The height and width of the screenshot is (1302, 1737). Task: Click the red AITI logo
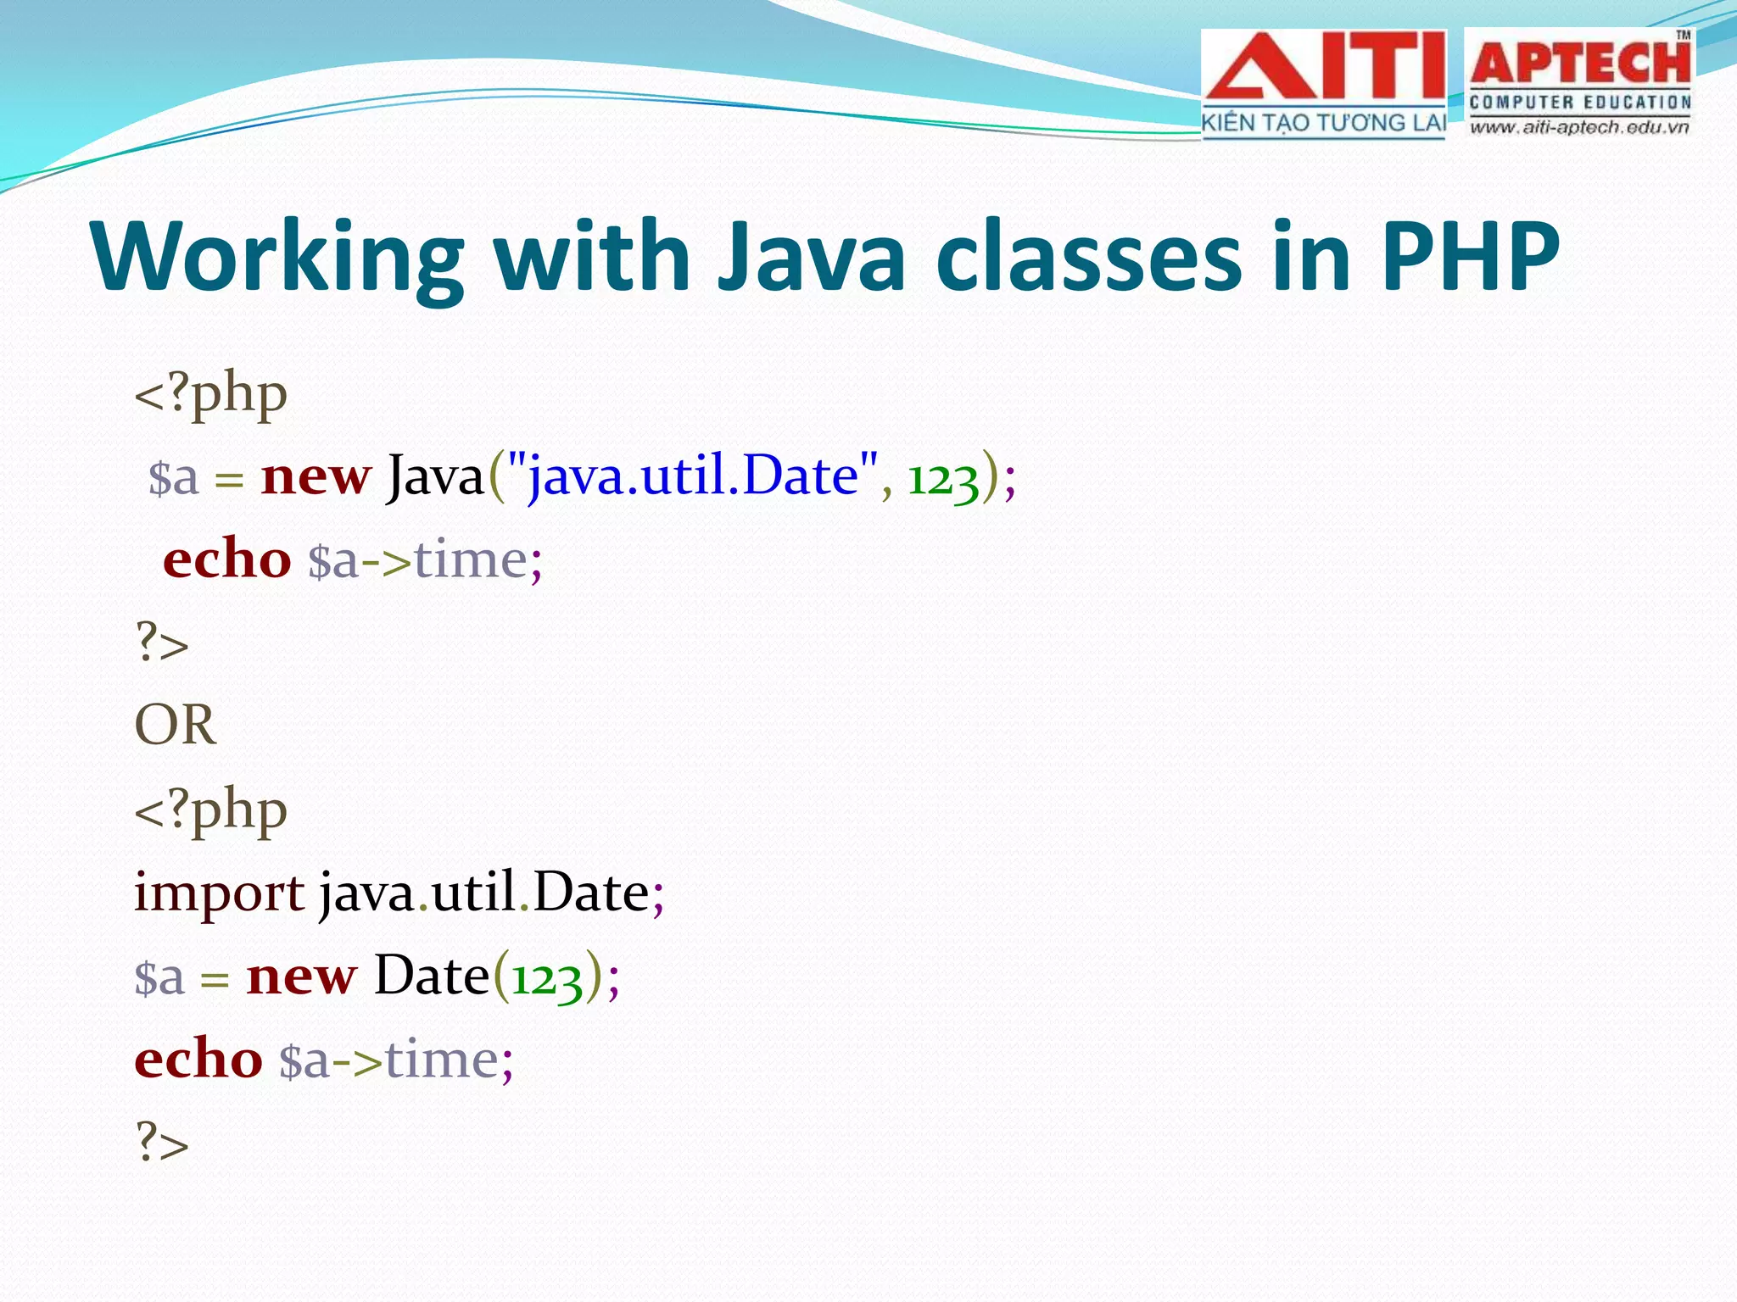click(1323, 68)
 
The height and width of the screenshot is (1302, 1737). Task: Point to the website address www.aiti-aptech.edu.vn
click(1579, 128)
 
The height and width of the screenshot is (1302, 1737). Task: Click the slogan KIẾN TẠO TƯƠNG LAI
click(1323, 124)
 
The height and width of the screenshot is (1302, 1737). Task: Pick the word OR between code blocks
click(176, 726)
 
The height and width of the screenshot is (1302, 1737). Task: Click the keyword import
click(219, 893)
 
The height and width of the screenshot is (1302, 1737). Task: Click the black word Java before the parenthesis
click(435, 476)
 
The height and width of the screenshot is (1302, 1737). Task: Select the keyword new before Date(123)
click(301, 977)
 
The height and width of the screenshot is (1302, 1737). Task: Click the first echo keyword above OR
click(226, 559)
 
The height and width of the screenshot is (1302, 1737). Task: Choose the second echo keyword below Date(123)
click(198, 1060)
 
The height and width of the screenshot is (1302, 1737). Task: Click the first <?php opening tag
click(210, 395)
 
